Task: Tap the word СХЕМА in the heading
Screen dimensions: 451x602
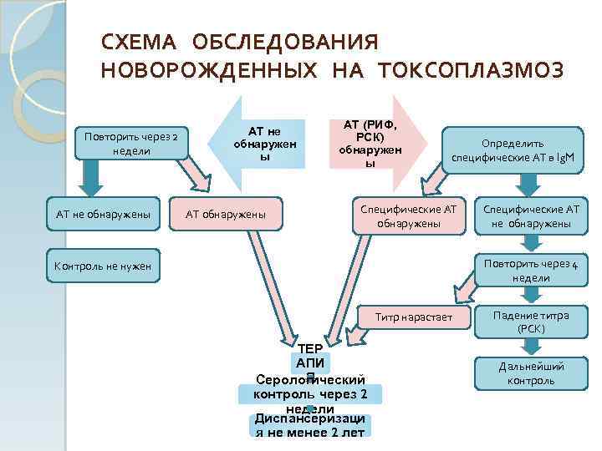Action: [138, 42]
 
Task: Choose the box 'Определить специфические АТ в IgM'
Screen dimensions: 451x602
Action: [512, 149]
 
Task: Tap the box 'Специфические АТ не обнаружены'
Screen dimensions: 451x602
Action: [530, 215]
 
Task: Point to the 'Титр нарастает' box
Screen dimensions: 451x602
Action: [413, 317]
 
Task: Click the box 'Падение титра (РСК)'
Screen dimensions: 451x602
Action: [531, 322]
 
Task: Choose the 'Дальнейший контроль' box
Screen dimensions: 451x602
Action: [531, 373]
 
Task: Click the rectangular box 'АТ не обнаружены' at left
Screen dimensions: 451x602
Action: [103, 215]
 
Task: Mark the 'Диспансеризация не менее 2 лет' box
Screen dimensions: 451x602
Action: [310, 426]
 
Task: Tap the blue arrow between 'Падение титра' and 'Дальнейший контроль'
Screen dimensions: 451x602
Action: [529, 347]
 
